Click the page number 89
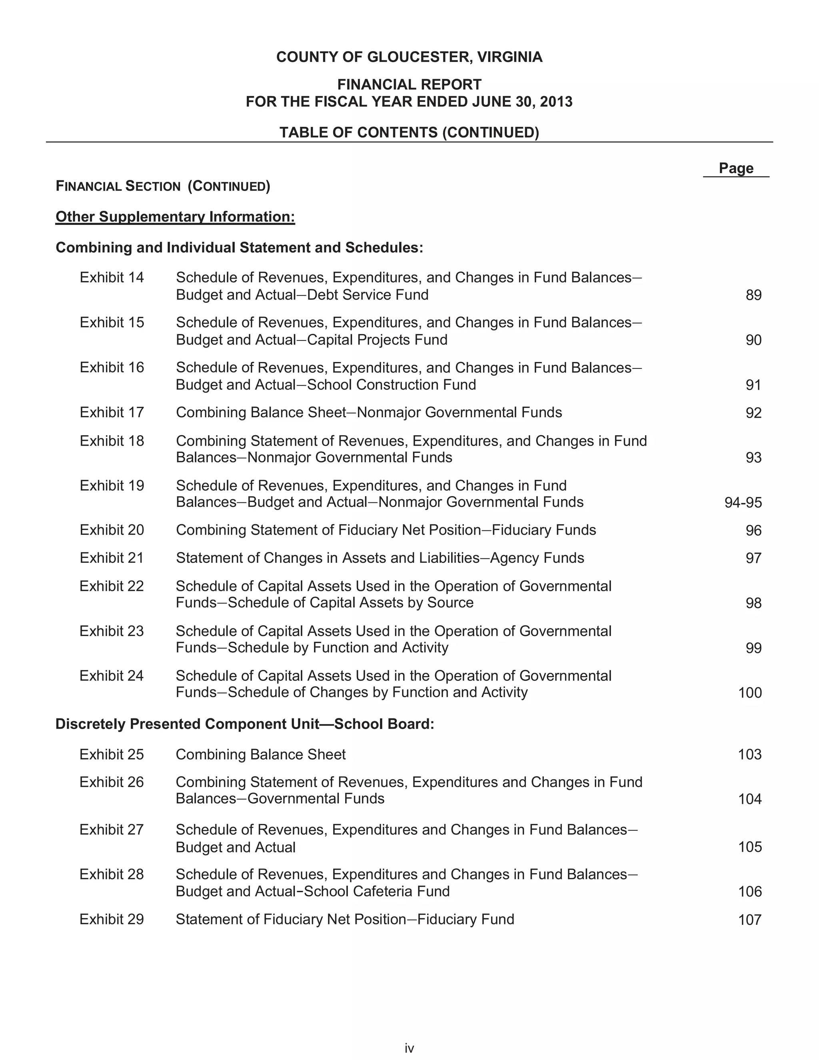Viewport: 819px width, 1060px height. [x=753, y=295]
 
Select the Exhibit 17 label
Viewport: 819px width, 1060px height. [x=112, y=412]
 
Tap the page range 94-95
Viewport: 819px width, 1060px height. [x=743, y=502]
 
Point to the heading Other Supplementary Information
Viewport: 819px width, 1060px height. [x=175, y=216]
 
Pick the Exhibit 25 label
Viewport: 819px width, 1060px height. [x=112, y=754]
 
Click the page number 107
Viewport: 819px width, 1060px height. [x=750, y=920]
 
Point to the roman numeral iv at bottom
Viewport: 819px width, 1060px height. [x=409, y=1048]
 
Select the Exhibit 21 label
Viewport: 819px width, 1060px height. [x=112, y=558]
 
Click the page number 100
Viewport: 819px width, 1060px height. [x=750, y=692]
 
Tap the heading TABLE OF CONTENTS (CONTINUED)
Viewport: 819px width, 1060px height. [x=409, y=132]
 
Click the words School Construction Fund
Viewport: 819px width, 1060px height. [x=392, y=385]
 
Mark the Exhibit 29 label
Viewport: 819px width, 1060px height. [x=112, y=919]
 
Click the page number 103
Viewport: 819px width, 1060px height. [x=750, y=754]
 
